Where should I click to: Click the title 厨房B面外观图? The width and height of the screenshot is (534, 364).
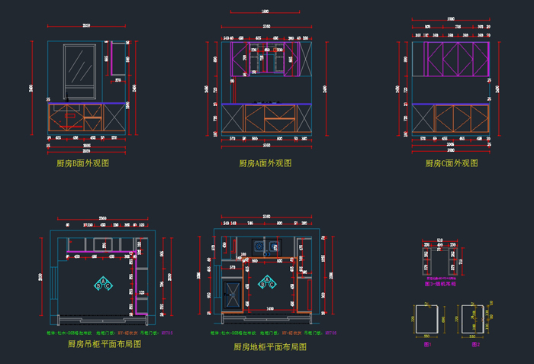(83, 163)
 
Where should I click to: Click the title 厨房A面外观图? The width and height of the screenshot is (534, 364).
(265, 163)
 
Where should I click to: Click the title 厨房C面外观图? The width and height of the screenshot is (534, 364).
(452, 163)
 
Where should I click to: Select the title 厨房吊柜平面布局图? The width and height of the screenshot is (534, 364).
(105, 344)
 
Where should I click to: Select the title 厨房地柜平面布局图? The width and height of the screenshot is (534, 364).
(270, 346)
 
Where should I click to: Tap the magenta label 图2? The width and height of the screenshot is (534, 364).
(476, 345)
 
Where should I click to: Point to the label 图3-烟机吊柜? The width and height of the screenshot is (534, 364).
(439, 284)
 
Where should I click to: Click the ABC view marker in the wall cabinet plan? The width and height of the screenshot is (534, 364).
(103, 283)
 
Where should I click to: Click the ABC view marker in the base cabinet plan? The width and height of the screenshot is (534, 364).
(267, 284)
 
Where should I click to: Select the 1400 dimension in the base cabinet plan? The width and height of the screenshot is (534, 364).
(270, 308)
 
